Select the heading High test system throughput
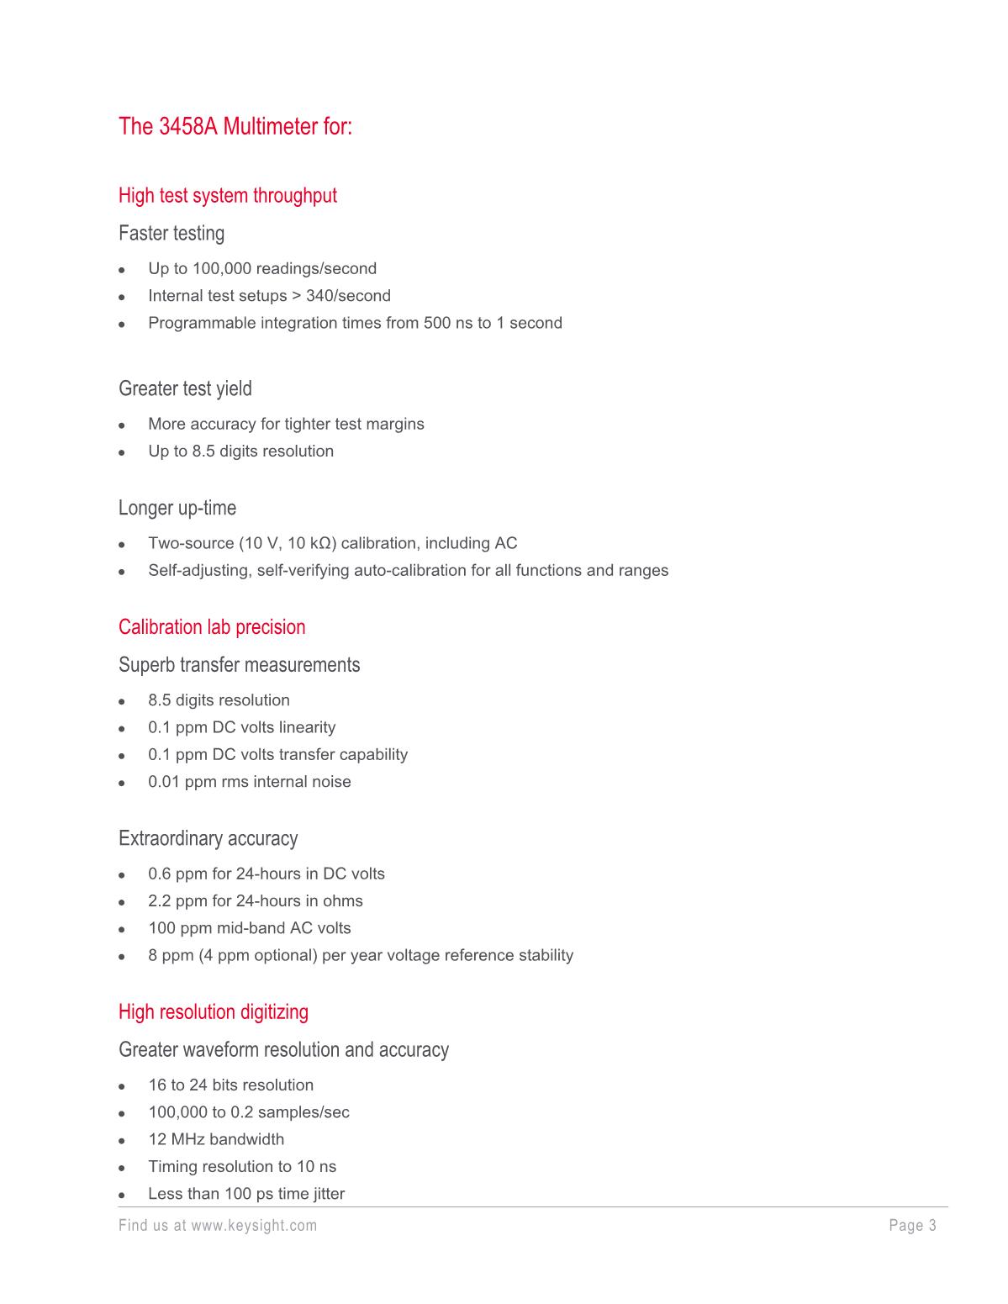pos(227,196)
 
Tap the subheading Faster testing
pos(171,234)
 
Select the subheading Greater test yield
pos(185,389)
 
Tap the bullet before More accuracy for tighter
pos(122,425)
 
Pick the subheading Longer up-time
pos(177,509)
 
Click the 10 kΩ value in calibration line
pos(311,544)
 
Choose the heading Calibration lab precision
pos(212,627)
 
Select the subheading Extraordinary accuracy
pos(208,839)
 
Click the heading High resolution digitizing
pos(213,1012)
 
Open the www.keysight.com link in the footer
pos(254,1226)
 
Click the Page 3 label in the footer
pos(912,1226)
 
